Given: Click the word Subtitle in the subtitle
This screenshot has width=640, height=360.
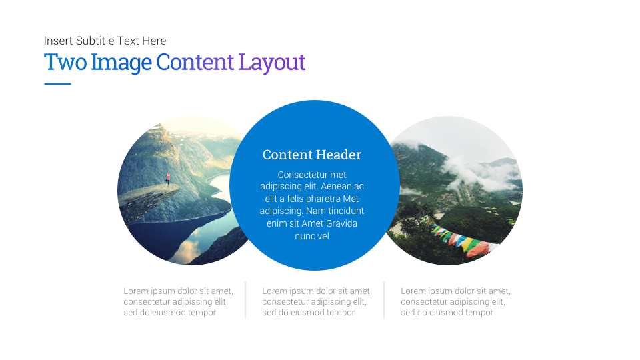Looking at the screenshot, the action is point(95,41).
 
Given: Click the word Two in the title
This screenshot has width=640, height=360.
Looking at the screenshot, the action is point(65,62).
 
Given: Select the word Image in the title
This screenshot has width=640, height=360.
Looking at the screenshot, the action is point(121,63).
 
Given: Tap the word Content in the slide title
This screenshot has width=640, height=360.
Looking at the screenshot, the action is point(195,62).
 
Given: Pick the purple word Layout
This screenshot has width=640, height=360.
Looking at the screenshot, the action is point(272,63).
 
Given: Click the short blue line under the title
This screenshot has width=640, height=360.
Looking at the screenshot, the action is point(57,84).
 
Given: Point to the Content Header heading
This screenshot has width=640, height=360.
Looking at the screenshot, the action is point(312,155).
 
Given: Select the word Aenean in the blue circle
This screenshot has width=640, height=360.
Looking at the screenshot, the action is point(335,186).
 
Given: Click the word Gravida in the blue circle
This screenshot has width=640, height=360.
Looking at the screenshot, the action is point(341,223).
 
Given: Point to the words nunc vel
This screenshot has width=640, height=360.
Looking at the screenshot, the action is point(312,236).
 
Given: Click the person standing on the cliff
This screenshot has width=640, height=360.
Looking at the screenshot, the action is point(168,179).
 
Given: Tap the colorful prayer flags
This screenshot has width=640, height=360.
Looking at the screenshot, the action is point(461,238).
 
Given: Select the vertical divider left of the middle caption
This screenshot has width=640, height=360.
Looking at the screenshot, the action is point(245,299).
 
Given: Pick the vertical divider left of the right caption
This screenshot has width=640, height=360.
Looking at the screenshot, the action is point(384,299).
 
